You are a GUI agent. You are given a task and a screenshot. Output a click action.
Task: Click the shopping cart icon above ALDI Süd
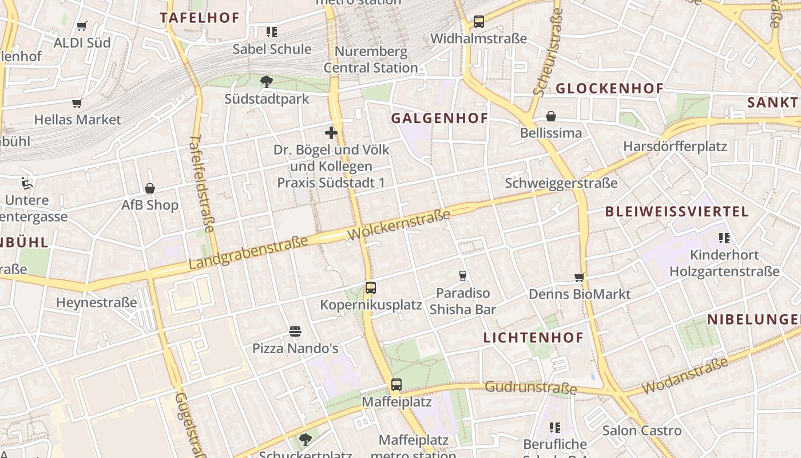pyautogui.click(x=81, y=26)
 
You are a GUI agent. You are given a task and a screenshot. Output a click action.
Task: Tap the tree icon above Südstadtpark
pyautogui.click(x=266, y=82)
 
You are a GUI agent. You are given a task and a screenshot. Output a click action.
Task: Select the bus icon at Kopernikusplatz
pyautogui.click(x=371, y=288)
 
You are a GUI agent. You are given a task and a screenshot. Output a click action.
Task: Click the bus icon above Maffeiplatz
pyautogui.click(x=396, y=385)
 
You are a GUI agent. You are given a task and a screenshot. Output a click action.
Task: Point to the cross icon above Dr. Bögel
pyautogui.click(x=331, y=133)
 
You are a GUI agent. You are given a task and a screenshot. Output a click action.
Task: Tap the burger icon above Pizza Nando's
pyautogui.click(x=295, y=331)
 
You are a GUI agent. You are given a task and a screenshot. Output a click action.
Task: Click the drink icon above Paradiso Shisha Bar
pyautogui.click(x=463, y=276)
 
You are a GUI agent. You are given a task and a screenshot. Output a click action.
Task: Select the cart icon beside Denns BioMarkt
pyautogui.click(x=579, y=278)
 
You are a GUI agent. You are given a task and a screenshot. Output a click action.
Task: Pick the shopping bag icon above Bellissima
pyautogui.click(x=550, y=116)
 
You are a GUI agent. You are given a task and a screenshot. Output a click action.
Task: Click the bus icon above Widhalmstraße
pyautogui.click(x=479, y=22)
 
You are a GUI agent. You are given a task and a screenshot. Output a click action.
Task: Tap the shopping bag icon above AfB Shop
pyautogui.click(x=150, y=188)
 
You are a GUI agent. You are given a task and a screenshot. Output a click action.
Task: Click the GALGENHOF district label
pyautogui.click(x=439, y=119)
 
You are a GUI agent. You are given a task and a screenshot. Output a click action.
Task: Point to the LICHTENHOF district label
pyautogui.click(x=533, y=337)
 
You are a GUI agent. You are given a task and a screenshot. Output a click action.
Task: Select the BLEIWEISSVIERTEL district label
pyautogui.click(x=677, y=211)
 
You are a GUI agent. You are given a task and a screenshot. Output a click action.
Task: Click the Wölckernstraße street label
pyautogui.click(x=398, y=225)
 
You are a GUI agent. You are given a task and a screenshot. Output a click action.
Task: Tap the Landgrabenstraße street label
pyautogui.click(x=248, y=253)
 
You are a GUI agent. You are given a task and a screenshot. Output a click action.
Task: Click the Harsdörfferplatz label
pyautogui.click(x=675, y=146)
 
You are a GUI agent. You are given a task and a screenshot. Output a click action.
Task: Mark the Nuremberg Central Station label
pyautogui.click(x=371, y=60)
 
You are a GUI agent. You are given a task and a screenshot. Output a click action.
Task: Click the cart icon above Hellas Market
pyautogui.click(x=77, y=104)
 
